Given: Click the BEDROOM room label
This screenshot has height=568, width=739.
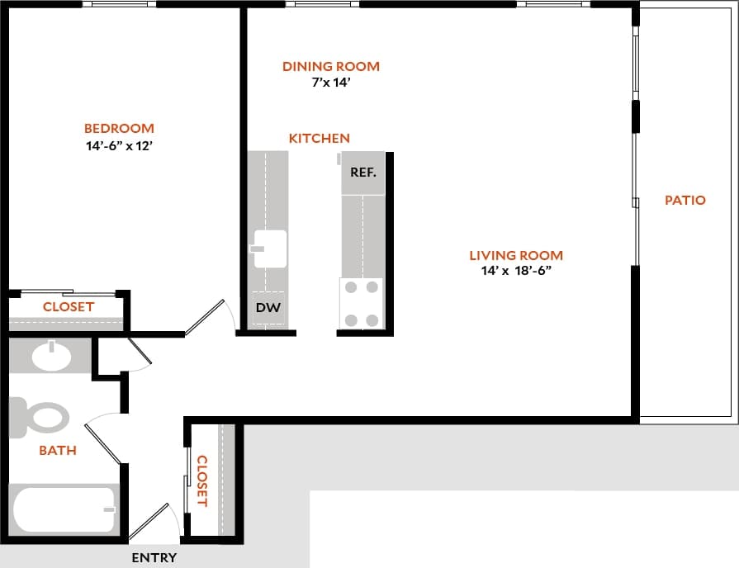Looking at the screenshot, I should coord(119,128).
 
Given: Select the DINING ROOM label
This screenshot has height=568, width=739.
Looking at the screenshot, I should coord(330,66).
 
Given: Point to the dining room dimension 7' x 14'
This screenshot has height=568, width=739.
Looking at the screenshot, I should coord(330,83).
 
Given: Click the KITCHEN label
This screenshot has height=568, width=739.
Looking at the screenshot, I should coord(319,138).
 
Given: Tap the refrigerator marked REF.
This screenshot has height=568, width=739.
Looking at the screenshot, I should coord(363,173).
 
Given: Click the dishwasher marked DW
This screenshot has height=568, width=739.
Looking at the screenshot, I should coord(268,309).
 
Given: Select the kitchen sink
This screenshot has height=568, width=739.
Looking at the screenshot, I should coord(269,248).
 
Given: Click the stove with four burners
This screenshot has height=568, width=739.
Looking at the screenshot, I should coord(362,304).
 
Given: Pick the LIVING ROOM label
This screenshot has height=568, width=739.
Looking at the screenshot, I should coord(516,255).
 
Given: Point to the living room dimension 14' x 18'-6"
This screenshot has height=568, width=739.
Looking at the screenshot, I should coord(516,271).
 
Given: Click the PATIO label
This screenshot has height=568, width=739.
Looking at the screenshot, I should coord(685,200).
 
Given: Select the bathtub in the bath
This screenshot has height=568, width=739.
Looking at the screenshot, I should coord(63,509).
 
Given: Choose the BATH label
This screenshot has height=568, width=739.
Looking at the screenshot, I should coord(58,450).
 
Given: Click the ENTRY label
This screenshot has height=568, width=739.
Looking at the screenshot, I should coord(154,557).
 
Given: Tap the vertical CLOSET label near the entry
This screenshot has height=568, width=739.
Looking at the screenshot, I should coord(201,480).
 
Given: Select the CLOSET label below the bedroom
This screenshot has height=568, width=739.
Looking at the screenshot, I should coord(69,306).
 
